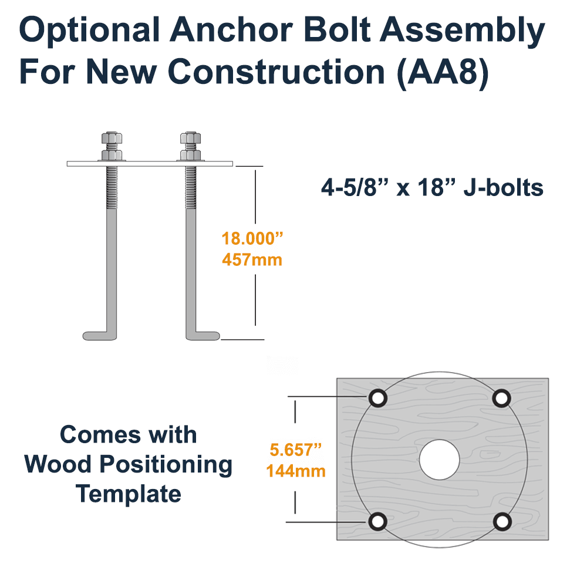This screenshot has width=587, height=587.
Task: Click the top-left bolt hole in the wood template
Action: coord(378,398)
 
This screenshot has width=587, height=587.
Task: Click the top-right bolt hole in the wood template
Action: coord(501,398)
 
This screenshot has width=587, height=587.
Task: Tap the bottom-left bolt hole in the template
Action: coord(378,521)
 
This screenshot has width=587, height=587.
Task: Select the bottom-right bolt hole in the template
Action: coord(501,521)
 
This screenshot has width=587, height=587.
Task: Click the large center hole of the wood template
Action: coord(439,460)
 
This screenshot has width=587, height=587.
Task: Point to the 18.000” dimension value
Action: coord(252,239)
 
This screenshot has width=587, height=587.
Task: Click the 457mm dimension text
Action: coord(252,259)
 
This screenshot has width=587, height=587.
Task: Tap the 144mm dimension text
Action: coord(296,470)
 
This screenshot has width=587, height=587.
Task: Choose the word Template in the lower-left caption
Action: coord(129,494)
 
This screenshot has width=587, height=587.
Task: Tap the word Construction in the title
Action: coord(275,72)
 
